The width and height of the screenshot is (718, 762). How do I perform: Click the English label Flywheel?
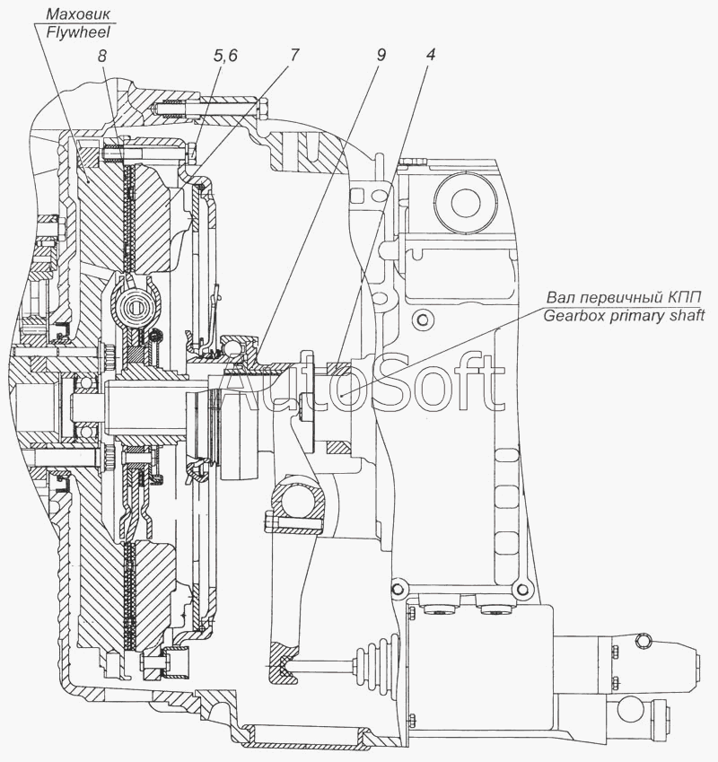78,32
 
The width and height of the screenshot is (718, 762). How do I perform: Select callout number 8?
101,56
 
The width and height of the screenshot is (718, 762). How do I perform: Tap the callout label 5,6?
225,56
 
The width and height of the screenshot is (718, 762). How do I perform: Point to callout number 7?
294,55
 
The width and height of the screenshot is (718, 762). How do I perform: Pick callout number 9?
381,55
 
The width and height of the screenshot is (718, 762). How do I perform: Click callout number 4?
430,55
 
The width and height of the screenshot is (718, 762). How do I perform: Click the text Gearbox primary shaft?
624,316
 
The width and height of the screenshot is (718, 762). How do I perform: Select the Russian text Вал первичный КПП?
632,297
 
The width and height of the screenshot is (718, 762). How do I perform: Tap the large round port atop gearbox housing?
466,205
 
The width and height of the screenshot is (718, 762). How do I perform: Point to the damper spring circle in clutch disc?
134,306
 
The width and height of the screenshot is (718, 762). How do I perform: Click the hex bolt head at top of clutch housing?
263,109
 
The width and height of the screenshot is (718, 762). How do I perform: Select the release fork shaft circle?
297,503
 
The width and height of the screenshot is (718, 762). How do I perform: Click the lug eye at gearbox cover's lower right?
522,590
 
